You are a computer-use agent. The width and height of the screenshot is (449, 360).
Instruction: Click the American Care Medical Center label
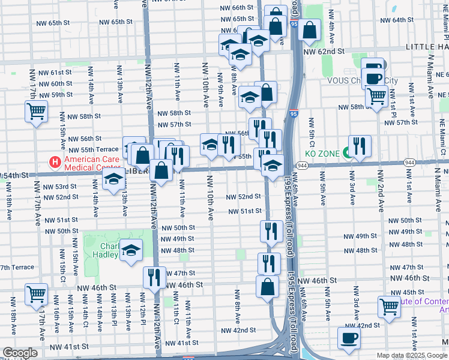(92, 163)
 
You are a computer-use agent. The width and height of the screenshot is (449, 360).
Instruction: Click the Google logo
(20, 353)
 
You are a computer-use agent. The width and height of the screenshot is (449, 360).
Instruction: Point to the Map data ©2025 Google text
(411, 355)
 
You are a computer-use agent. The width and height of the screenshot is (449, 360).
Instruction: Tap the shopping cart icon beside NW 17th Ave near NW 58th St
(36, 111)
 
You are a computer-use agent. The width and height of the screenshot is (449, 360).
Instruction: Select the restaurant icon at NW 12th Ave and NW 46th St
(154, 277)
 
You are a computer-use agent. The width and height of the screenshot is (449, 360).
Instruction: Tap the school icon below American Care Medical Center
(113, 179)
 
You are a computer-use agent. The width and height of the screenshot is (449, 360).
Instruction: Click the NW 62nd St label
(324, 52)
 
